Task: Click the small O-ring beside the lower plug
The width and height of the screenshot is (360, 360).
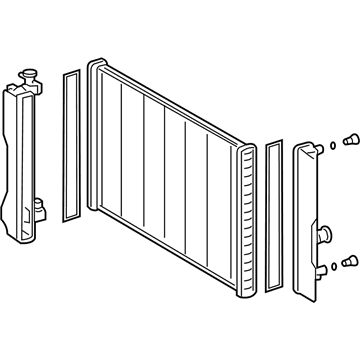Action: tap(335, 263)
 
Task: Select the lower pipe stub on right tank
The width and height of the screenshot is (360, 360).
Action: tap(325, 266)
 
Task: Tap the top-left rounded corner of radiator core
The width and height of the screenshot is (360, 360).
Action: tap(94, 66)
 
